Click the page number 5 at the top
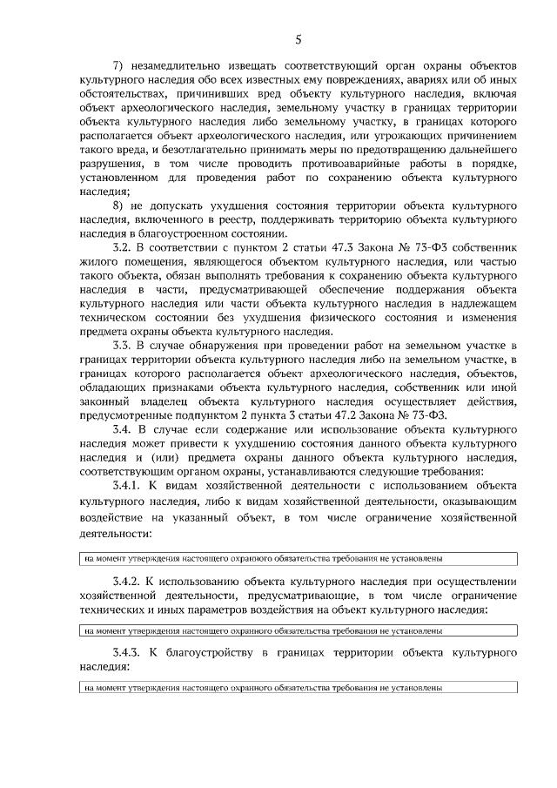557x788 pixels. pyautogui.click(x=299, y=38)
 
